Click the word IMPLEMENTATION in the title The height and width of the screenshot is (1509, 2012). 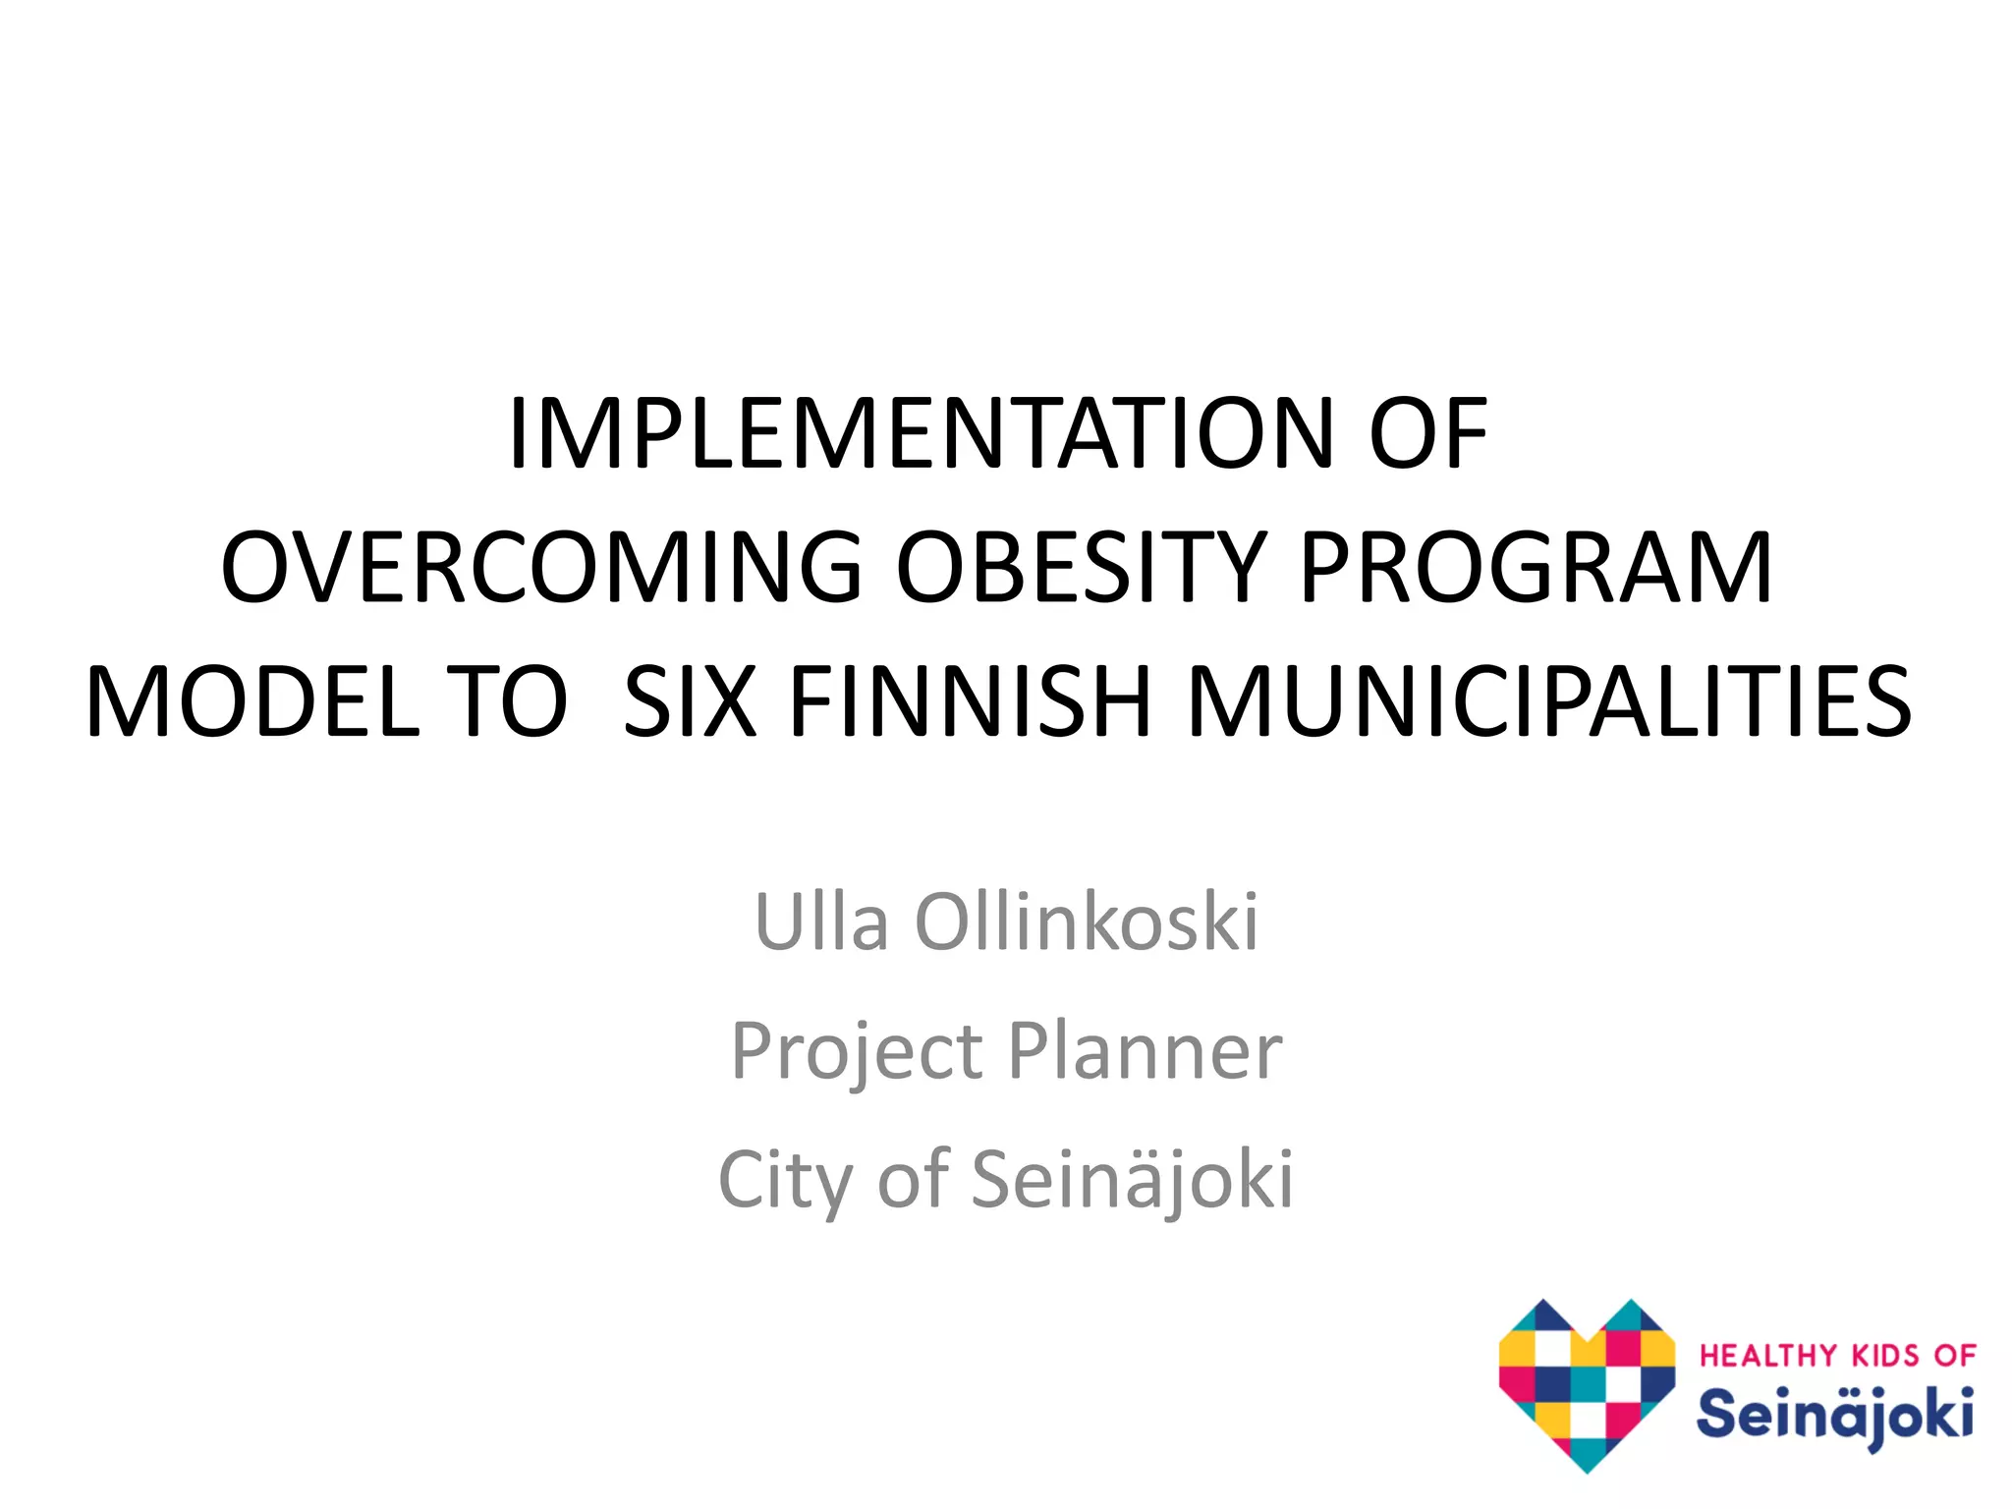click(x=920, y=434)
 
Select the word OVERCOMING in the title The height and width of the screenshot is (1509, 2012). click(x=540, y=568)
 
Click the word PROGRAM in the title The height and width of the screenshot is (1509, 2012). click(x=1536, y=568)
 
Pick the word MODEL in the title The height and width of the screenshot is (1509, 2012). click(x=253, y=701)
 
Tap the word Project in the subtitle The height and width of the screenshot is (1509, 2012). click(x=857, y=1051)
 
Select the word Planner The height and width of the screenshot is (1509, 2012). click(x=1145, y=1051)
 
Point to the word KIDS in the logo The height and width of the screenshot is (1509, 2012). click(x=1885, y=1357)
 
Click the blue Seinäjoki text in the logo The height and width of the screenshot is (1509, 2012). click(x=1834, y=1416)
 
